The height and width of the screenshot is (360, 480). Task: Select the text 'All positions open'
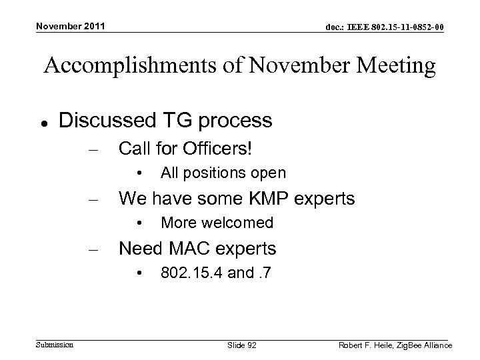223,173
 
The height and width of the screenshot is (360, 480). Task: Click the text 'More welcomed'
217,223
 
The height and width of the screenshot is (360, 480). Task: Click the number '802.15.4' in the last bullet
191,273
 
